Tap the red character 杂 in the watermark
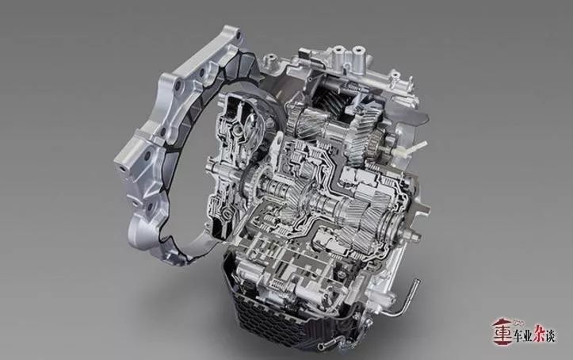tap(539, 333)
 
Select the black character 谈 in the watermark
tap(551, 335)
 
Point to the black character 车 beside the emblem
tap(519, 335)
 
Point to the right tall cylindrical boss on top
tap(358, 55)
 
